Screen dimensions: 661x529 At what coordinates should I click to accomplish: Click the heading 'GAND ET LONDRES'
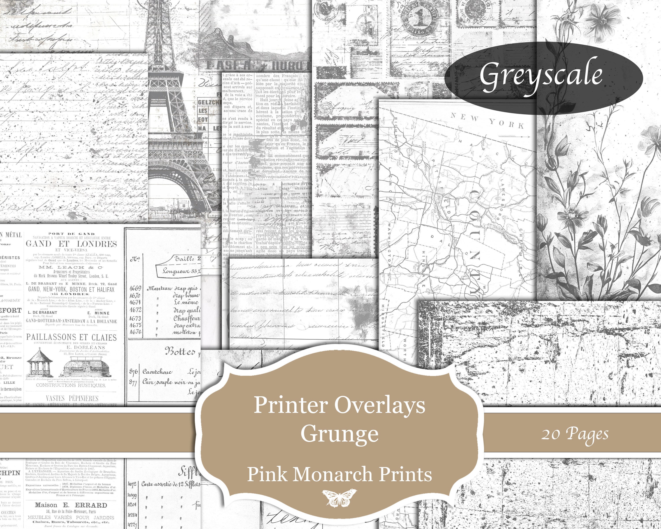pos(71,244)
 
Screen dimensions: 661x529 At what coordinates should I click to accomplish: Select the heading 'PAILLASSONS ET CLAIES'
pos(71,337)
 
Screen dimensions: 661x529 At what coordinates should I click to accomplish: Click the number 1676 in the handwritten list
pos(136,332)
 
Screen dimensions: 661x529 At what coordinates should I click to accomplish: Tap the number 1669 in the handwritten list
pos(135,288)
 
